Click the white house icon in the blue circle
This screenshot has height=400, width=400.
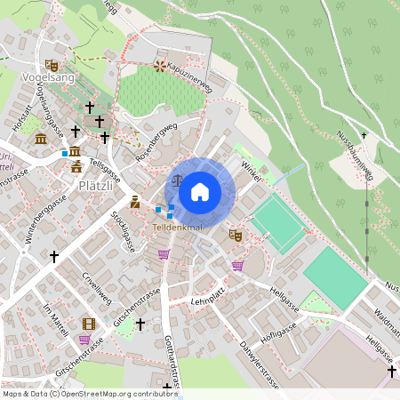point(200,191)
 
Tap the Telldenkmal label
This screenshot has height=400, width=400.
point(178,228)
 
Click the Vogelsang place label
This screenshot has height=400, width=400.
point(46,78)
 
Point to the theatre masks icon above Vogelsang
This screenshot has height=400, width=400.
point(52,65)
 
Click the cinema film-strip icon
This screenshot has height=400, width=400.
point(88,324)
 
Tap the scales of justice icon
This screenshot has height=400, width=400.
point(176,179)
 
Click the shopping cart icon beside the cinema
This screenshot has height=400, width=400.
point(84,340)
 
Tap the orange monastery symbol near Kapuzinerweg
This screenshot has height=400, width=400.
point(160,65)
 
